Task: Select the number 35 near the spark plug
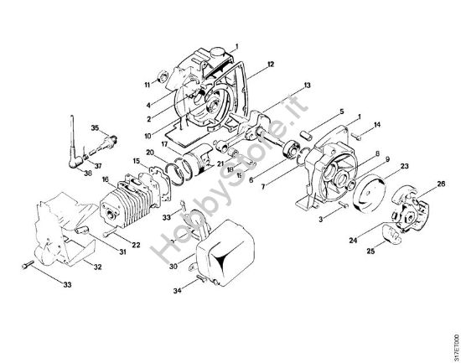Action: [x=95, y=127]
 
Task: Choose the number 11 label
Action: [x=146, y=86]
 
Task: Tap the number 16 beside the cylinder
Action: [x=106, y=179]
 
